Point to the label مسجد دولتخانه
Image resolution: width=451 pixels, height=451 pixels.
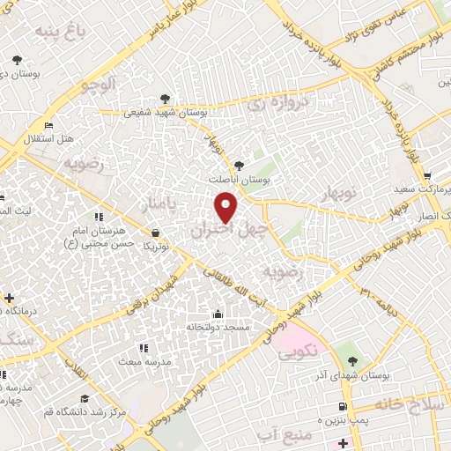(218, 327)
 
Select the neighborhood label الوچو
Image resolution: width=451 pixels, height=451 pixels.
(98, 85)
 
